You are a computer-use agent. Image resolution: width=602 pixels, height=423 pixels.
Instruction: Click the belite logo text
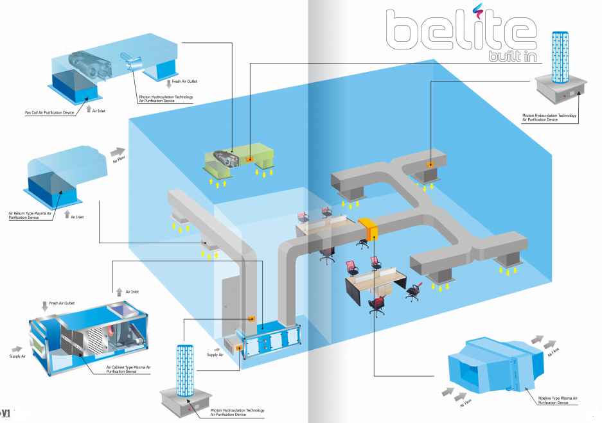point(461,30)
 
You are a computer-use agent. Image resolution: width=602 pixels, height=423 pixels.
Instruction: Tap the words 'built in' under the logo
point(513,56)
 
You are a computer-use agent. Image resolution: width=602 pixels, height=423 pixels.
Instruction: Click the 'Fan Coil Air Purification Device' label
point(49,113)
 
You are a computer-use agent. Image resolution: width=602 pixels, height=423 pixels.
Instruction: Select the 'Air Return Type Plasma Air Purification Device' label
point(30,215)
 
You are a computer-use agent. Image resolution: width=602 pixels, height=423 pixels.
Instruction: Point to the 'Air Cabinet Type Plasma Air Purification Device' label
point(128,369)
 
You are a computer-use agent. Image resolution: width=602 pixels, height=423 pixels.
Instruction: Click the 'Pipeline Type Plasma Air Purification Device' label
point(558,401)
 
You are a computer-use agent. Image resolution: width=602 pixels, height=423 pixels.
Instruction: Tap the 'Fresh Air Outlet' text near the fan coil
point(184,82)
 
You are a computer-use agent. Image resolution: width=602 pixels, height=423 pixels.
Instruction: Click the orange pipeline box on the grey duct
point(368,229)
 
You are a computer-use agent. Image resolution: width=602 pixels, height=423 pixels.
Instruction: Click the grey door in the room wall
point(229,308)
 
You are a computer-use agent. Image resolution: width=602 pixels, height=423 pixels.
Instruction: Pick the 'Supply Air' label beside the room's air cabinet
point(215,355)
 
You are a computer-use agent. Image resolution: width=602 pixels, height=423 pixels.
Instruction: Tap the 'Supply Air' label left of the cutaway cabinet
point(17,356)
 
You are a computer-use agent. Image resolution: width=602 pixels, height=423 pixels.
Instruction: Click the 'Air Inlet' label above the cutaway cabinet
point(132,292)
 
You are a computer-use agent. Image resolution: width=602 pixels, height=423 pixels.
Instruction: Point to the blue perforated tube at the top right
point(560,57)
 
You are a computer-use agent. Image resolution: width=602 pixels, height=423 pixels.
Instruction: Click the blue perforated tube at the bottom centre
point(185,370)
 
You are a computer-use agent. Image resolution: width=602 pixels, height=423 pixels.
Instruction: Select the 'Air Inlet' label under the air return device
point(77,217)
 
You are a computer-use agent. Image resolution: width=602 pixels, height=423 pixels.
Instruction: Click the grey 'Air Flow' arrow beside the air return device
point(118,152)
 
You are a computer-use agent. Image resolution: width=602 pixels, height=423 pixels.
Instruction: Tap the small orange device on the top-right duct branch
point(430,164)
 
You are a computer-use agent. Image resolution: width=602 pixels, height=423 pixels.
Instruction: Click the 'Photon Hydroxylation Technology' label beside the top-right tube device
point(549,116)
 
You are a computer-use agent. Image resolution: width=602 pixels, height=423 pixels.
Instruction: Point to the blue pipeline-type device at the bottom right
point(495,365)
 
